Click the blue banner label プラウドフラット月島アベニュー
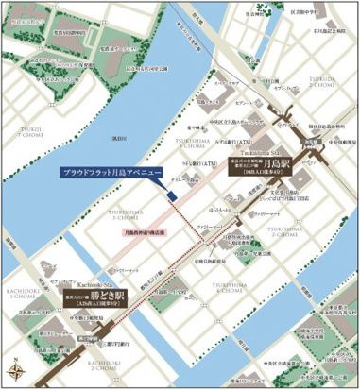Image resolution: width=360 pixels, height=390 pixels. pyautogui.click(x=111, y=175)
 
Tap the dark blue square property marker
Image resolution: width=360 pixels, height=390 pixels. pyautogui.click(x=173, y=195)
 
